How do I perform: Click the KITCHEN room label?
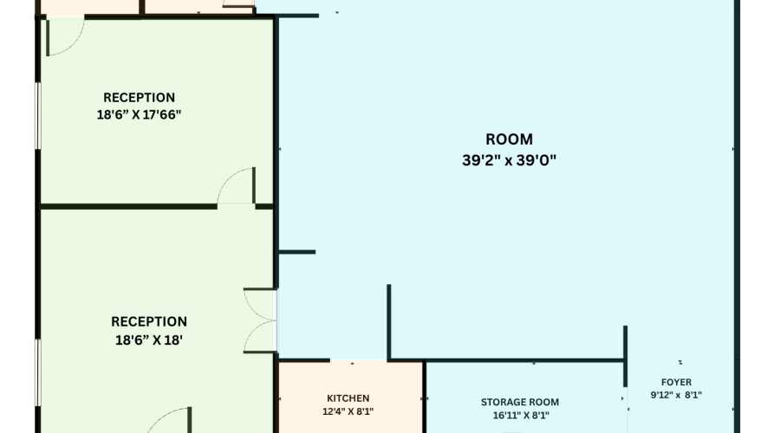[348, 397]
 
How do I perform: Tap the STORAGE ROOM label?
[520, 402]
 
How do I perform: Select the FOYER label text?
[676, 382]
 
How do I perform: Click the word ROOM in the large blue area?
[509, 139]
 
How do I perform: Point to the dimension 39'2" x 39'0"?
[509, 159]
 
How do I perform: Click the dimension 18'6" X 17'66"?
[139, 113]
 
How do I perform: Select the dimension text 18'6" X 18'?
[148, 340]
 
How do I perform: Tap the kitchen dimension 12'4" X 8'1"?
[348, 412]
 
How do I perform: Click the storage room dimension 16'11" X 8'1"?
[520, 416]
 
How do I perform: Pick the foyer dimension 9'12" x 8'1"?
[676, 395]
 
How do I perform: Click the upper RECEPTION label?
[139, 97]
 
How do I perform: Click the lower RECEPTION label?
[148, 322]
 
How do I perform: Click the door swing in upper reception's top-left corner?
[63, 36]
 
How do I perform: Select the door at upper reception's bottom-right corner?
[236, 186]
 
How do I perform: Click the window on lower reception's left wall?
[37, 372]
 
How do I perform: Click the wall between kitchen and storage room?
[424, 397]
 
